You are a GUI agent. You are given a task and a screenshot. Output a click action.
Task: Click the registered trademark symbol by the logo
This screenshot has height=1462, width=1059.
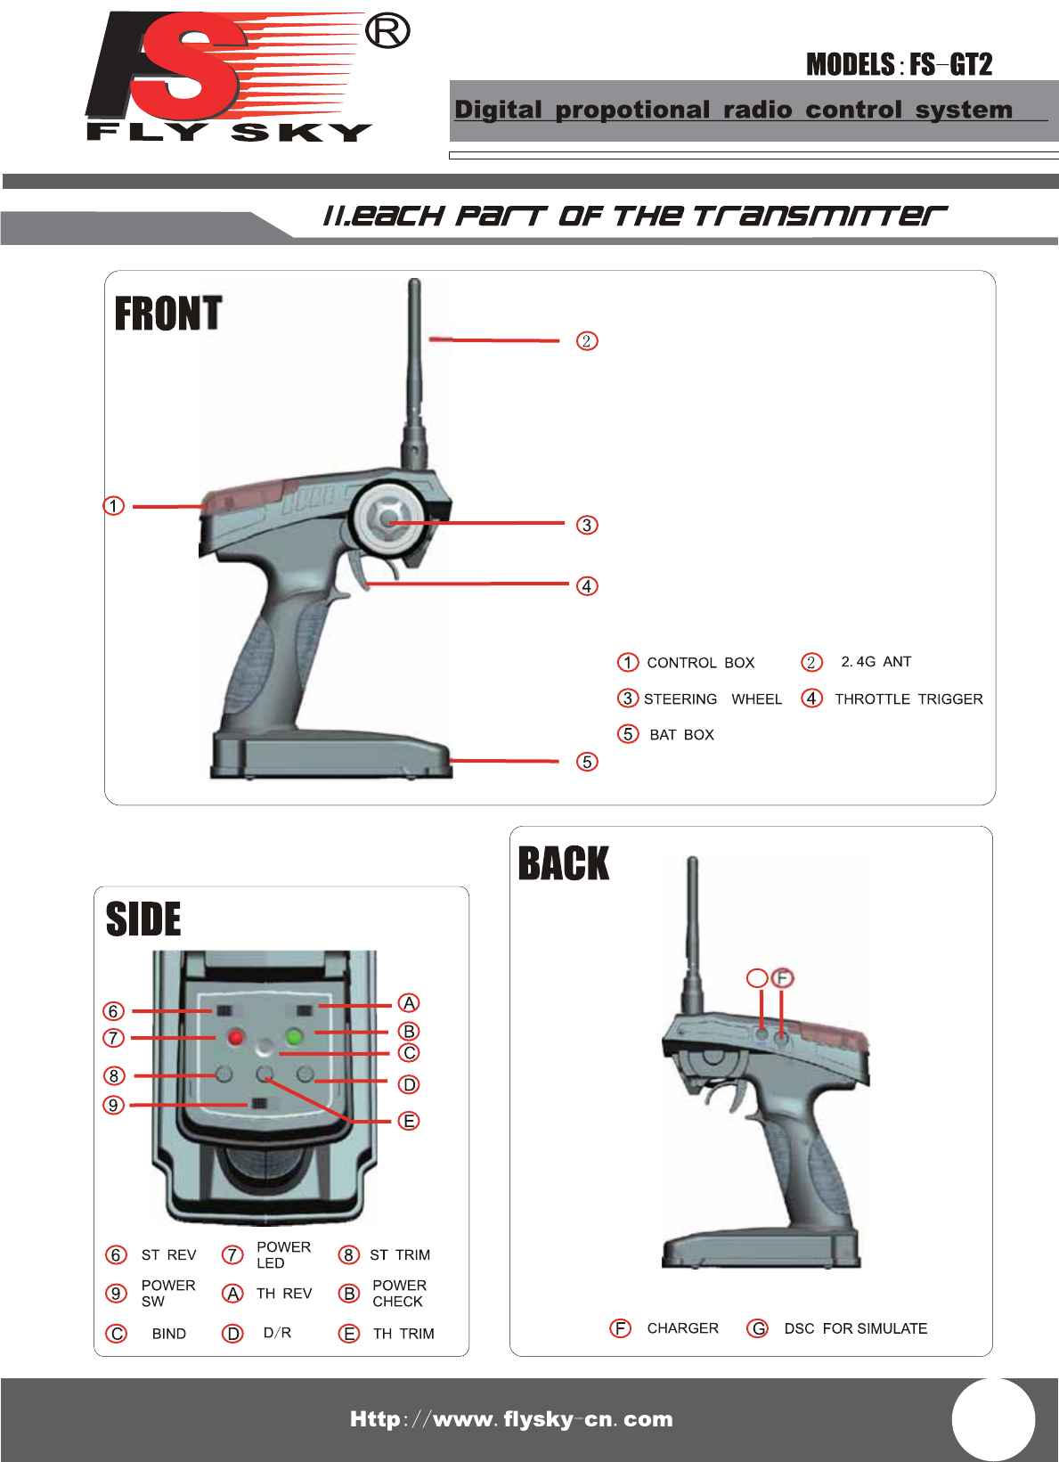point(387,32)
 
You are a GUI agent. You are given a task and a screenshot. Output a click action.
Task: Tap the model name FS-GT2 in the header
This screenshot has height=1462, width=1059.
point(950,65)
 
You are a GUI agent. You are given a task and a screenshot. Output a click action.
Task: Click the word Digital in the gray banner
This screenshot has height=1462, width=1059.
point(498,110)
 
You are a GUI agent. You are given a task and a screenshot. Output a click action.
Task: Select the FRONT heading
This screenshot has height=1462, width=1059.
point(168,314)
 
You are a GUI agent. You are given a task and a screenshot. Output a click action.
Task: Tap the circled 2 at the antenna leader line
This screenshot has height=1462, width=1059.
point(587,341)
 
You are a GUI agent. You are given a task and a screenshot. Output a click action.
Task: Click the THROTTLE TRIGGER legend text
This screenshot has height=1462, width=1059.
point(908,699)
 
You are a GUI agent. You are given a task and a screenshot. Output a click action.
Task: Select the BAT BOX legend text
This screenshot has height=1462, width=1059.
point(681,735)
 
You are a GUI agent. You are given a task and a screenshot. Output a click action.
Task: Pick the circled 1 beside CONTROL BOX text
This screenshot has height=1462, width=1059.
point(628,662)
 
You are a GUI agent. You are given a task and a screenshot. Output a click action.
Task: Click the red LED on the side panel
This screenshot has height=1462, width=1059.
point(236,1037)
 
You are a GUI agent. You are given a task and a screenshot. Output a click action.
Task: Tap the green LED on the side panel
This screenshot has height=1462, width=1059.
point(295,1036)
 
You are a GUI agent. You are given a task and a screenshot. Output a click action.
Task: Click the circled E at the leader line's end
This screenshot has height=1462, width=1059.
point(409,1121)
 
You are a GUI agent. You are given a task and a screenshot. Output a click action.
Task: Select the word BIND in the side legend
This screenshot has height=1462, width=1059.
point(169,1334)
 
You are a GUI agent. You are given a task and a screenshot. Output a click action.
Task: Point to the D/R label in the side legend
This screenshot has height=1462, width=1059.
point(277,1333)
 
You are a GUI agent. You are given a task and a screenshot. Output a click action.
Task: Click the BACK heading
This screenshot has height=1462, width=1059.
point(564,863)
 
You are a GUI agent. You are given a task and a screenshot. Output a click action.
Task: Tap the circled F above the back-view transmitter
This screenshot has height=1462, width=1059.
point(782,978)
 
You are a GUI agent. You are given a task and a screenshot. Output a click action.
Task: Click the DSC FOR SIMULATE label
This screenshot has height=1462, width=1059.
point(855,1328)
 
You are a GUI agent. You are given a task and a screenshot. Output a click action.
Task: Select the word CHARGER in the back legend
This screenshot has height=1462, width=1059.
point(682,1328)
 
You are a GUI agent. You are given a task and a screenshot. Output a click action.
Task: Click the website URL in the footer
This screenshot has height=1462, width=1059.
point(511,1419)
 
